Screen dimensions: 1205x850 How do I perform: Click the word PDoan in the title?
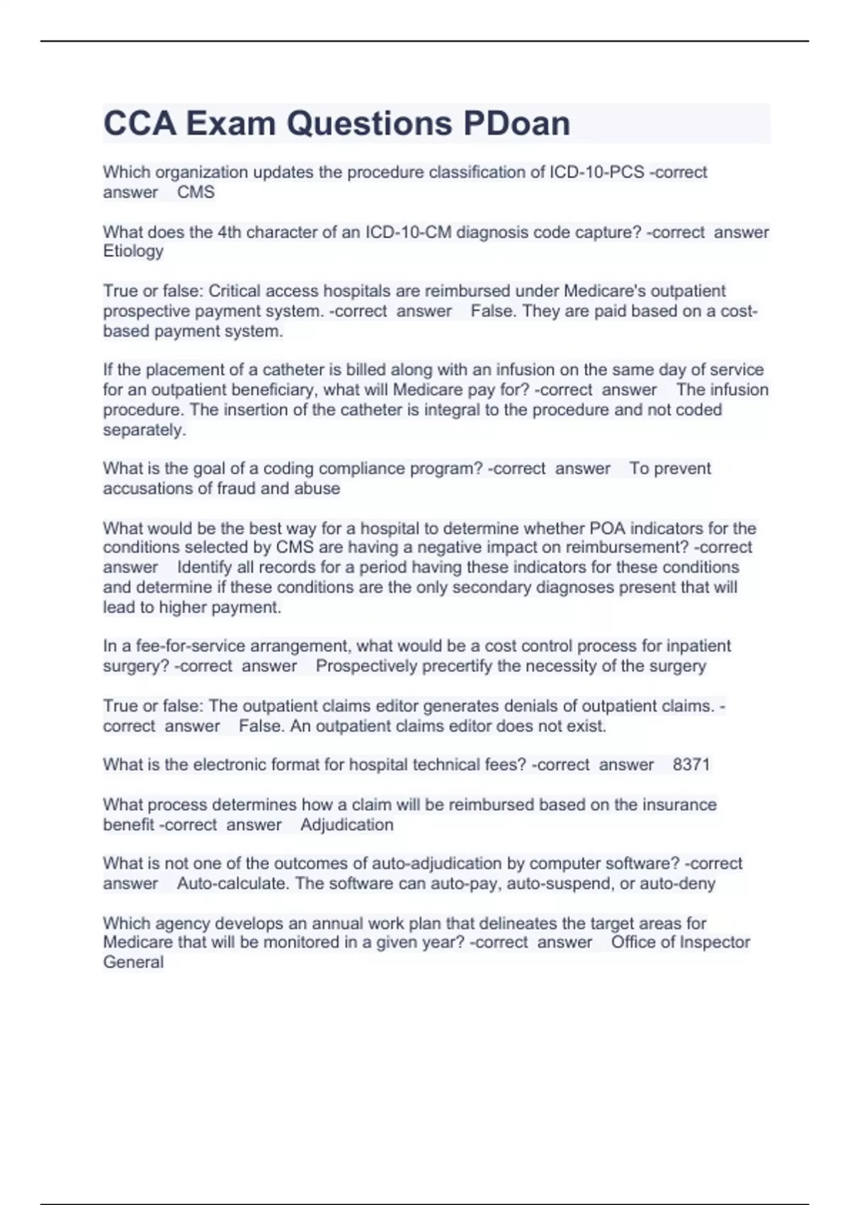[x=516, y=124]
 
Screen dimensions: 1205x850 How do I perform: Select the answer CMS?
[x=195, y=192]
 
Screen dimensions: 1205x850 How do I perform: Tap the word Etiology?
[x=133, y=251]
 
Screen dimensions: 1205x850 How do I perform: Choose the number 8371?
[x=691, y=765]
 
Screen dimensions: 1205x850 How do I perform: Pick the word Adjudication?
[x=346, y=824]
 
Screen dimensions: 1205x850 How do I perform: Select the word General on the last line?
[x=133, y=962]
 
